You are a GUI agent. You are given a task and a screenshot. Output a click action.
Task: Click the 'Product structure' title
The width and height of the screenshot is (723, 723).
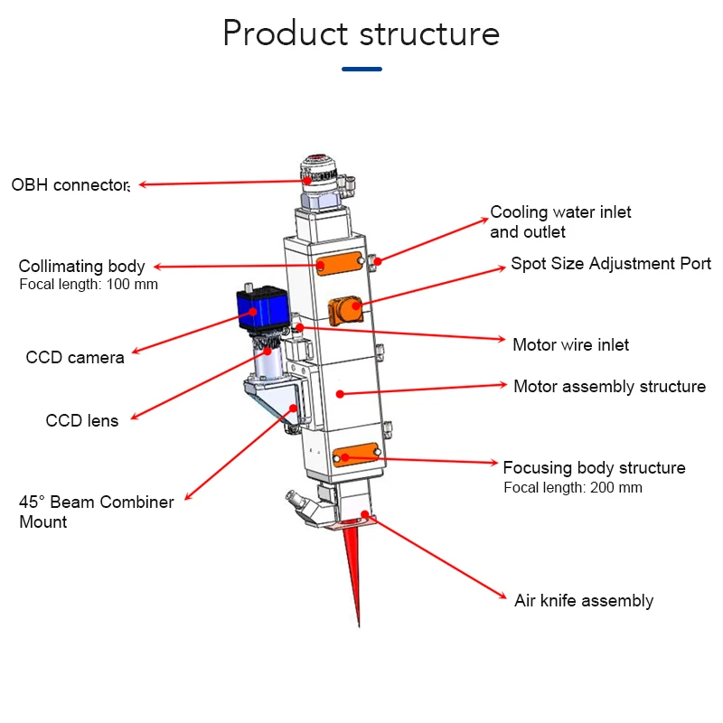pos(361,33)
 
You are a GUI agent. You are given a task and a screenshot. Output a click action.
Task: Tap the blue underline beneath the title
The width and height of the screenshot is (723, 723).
pos(361,70)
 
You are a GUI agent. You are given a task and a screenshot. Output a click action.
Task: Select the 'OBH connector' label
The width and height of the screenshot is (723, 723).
pos(70,185)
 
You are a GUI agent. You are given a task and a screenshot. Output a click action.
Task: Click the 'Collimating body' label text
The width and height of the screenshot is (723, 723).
pos(81,266)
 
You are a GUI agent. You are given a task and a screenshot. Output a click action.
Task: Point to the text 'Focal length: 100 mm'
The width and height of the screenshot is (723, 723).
pos(89,284)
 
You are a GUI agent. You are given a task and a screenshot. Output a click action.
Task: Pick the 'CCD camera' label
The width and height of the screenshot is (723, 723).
pos(75,357)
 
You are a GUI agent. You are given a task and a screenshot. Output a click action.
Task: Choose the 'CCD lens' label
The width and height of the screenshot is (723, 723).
pos(82,420)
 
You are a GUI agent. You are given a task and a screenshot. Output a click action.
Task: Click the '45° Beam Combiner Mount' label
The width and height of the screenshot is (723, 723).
pos(97,512)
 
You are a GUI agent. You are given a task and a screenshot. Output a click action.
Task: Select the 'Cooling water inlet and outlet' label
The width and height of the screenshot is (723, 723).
pos(560,221)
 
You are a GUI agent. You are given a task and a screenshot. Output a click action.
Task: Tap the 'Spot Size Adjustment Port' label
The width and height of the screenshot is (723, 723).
pos(611,264)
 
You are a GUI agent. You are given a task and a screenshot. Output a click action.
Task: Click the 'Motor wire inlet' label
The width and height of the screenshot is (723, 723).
pos(571,345)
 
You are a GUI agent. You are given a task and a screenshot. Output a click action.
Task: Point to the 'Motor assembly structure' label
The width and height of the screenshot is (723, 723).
pos(609,387)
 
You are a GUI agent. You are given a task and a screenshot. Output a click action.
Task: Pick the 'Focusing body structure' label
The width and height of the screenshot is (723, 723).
pos(595,467)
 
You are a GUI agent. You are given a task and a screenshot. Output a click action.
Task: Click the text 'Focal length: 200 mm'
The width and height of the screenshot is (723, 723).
pos(573,487)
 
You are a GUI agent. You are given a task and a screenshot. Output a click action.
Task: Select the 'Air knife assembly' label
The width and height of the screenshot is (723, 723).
pos(584,601)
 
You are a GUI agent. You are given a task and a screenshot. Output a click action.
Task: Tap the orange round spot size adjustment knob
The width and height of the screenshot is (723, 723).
pos(345,310)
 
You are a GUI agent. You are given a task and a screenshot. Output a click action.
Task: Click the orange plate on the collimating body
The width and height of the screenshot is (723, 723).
pos(340,264)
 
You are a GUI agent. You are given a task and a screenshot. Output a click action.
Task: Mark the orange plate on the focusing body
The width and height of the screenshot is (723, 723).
pos(356,455)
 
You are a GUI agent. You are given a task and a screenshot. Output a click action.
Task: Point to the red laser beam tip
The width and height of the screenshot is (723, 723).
pos(359,625)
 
